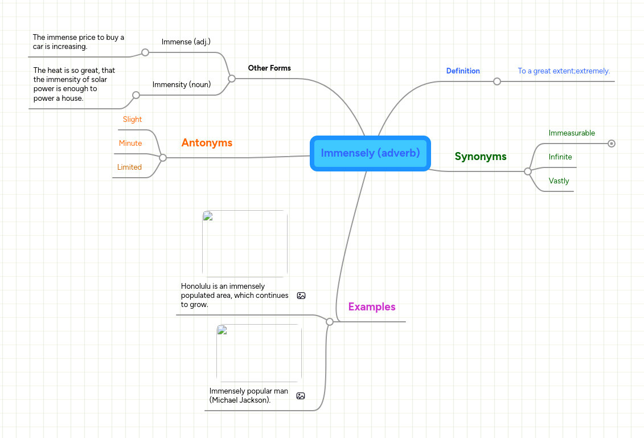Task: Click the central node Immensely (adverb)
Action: tap(370, 153)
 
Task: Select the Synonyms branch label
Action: tap(480, 157)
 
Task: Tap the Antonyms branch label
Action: tap(207, 143)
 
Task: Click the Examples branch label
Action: tap(371, 307)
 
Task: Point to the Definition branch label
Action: tap(462, 71)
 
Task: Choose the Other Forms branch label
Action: tap(269, 68)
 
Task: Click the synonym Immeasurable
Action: tap(572, 133)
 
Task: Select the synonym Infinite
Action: tap(560, 157)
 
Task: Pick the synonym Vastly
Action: tap(559, 181)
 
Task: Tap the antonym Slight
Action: tap(132, 120)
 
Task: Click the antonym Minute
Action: tap(130, 144)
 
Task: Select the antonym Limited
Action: tap(129, 167)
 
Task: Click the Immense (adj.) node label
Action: tap(186, 42)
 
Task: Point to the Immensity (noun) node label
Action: tap(182, 85)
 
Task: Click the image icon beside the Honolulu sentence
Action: tap(301, 296)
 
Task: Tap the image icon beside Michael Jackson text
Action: tap(301, 396)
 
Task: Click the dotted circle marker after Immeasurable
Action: tap(612, 144)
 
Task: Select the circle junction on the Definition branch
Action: tap(497, 81)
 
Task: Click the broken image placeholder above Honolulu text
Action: tap(245, 244)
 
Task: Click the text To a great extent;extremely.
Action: tap(564, 71)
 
